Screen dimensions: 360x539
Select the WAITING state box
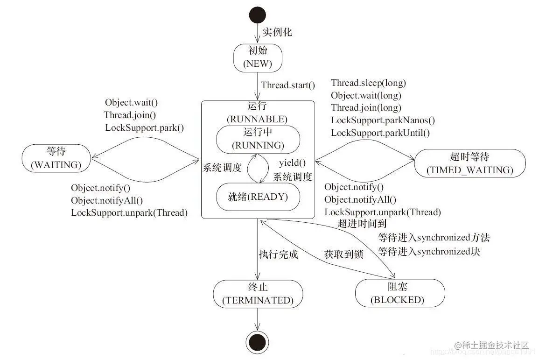(56, 159)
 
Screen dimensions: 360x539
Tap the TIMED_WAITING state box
(469, 163)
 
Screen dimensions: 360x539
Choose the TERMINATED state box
(258, 294)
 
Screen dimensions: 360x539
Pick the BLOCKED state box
(397, 293)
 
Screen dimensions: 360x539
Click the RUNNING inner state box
(258, 139)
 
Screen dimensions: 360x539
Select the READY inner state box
(258, 197)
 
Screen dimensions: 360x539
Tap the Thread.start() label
(288, 85)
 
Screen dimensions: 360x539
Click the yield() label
(292, 163)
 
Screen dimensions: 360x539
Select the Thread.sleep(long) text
(368, 83)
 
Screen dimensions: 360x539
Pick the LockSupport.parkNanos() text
(383, 120)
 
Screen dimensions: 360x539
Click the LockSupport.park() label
(144, 127)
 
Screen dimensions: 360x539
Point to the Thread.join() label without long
(130, 115)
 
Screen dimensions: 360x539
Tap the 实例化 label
(277, 32)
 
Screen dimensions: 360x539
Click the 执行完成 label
(278, 255)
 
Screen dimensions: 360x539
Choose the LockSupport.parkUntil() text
(380, 133)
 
